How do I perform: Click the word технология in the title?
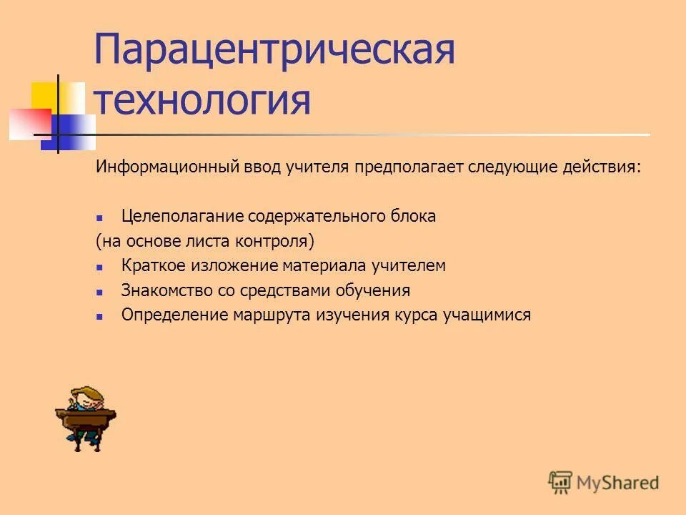(202, 100)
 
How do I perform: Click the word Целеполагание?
(182, 216)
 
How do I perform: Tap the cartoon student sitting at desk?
(85, 418)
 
